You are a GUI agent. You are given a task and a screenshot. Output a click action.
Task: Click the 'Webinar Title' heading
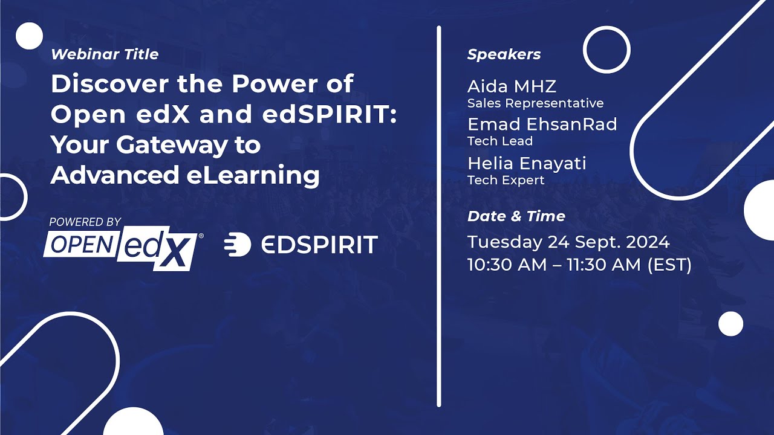pyautogui.click(x=105, y=54)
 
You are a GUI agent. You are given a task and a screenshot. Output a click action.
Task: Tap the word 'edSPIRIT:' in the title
pyautogui.click(x=330, y=114)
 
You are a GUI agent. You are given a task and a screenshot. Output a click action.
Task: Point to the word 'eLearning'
pyautogui.click(x=253, y=176)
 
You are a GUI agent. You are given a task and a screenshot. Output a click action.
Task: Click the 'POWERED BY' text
pyautogui.click(x=85, y=222)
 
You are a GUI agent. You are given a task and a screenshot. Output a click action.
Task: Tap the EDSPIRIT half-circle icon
pyautogui.click(x=238, y=245)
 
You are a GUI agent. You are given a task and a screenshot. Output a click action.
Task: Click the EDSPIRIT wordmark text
pyautogui.click(x=319, y=245)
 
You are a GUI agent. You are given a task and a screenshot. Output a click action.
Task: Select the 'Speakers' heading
pyautogui.click(x=504, y=54)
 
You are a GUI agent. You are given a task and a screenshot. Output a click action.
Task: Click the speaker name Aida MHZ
pyautogui.click(x=512, y=86)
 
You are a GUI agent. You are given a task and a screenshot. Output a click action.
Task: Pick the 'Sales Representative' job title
pyautogui.click(x=536, y=103)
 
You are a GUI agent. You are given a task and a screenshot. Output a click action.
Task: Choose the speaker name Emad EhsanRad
pyautogui.click(x=542, y=124)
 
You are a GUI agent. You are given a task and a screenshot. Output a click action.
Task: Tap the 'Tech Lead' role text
pyautogui.click(x=500, y=141)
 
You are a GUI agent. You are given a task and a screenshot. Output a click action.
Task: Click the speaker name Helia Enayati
pyautogui.click(x=527, y=163)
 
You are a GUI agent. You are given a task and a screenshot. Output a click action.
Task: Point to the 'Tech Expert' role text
pyautogui.click(x=506, y=180)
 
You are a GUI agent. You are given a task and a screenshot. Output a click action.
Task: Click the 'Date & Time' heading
pyautogui.click(x=516, y=216)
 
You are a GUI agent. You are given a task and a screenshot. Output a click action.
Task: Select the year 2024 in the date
pyautogui.click(x=648, y=242)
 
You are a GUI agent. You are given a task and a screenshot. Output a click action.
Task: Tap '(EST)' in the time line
pyautogui.click(x=669, y=265)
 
